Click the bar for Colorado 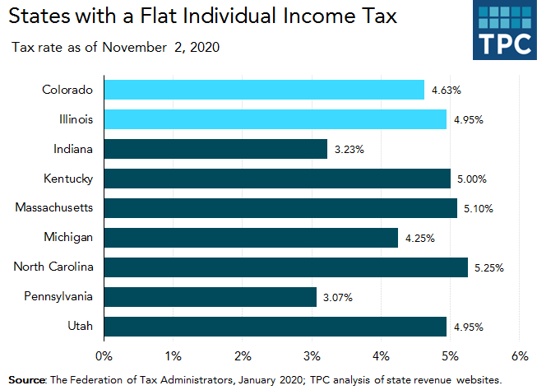click(x=263, y=90)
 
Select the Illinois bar click(x=275, y=119)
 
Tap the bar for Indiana click(x=215, y=149)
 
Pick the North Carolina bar click(x=285, y=267)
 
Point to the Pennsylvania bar click(x=210, y=297)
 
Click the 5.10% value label click(x=478, y=209)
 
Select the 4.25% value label click(x=419, y=239)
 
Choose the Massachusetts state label click(x=53, y=208)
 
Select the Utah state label click(x=80, y=327)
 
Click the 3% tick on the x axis click(x=312, y=356)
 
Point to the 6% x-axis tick click(x=519, y=356)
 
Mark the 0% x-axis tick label click(x=104, y=356)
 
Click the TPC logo click(x=504, y=30)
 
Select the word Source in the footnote click(x=26, y=379)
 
